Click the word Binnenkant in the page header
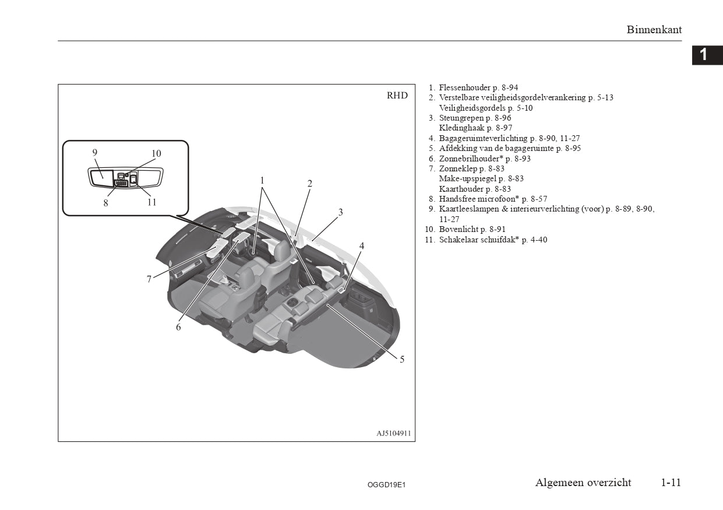(654, 30)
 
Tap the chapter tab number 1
(704, 55)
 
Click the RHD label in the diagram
(397, 96)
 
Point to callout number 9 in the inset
(95, 153)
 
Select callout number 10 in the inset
(156, 154)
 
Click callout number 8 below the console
(106, 203)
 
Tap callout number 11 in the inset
(152, 202)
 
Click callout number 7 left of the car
(149, 279)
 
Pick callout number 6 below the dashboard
(179, 327)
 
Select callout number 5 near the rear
(402, 359)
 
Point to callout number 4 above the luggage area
(361, 246)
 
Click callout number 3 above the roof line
(341, 212)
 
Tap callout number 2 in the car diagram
(310, 184)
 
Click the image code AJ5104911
(393, 434)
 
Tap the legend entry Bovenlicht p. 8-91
(472, 230)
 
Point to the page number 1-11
(671, 483)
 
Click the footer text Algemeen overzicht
(583, 483)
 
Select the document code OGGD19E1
(387, 484)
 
